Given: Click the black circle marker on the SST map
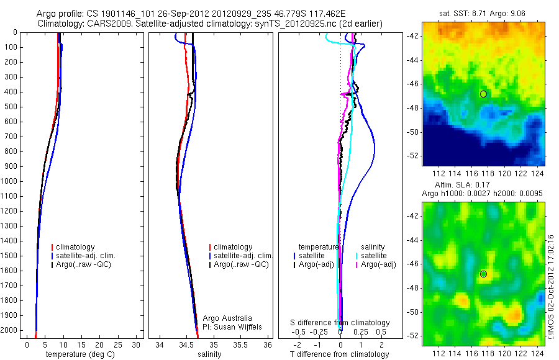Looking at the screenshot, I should (x=483, y=94).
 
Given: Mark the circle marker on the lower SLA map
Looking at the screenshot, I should (x=483, y=274).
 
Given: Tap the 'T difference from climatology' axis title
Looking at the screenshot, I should (x=339, y=354).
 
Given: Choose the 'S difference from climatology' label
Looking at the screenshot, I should (x=340, y=323).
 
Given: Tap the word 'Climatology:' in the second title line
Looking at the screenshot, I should (x=59, y=23).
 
